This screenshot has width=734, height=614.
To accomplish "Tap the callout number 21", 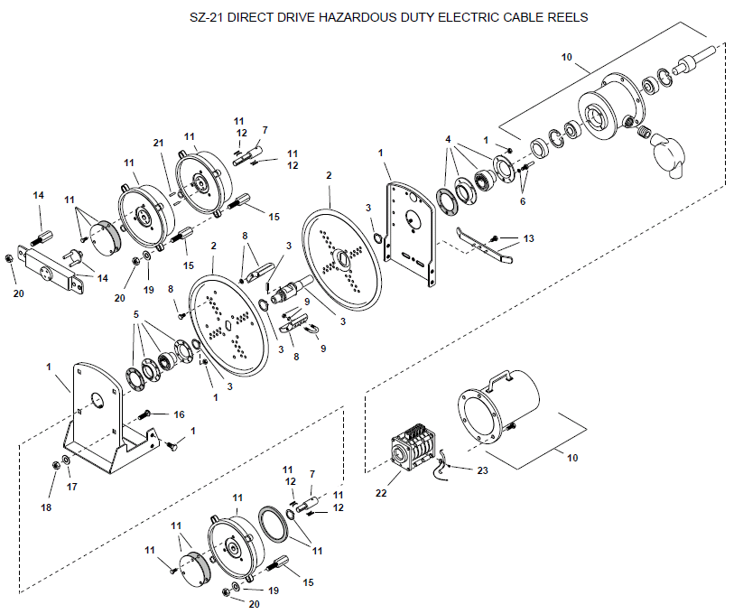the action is tap(159, 143).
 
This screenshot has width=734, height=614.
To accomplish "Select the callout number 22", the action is tap(381, 493).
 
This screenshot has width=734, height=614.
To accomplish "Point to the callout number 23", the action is tap(482, 470).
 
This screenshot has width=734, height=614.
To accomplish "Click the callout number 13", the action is tap(528, 238).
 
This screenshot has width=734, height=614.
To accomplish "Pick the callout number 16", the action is tap(180, 414).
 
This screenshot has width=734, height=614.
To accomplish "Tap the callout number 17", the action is tap(71, 487).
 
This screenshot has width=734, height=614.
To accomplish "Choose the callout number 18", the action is tap(46, 507).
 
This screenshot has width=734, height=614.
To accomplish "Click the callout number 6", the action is tap(523, 201).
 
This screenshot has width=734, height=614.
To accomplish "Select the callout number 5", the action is tap(136, 314).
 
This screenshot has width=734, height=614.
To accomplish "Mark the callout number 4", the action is tap(448, 140).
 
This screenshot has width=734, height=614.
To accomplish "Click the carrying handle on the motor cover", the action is tap(499, 379).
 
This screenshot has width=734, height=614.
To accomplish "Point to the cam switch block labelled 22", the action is tap(411, 447).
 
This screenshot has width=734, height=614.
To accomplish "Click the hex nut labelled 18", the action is tap(55, 466).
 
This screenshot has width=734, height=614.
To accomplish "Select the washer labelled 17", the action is tap(67, 460).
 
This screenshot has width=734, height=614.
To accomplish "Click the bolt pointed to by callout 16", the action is tap(144, 415).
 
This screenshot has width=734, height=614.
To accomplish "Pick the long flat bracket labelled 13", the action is tap(484, 244).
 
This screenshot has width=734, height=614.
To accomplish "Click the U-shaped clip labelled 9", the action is tap(311, 330).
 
